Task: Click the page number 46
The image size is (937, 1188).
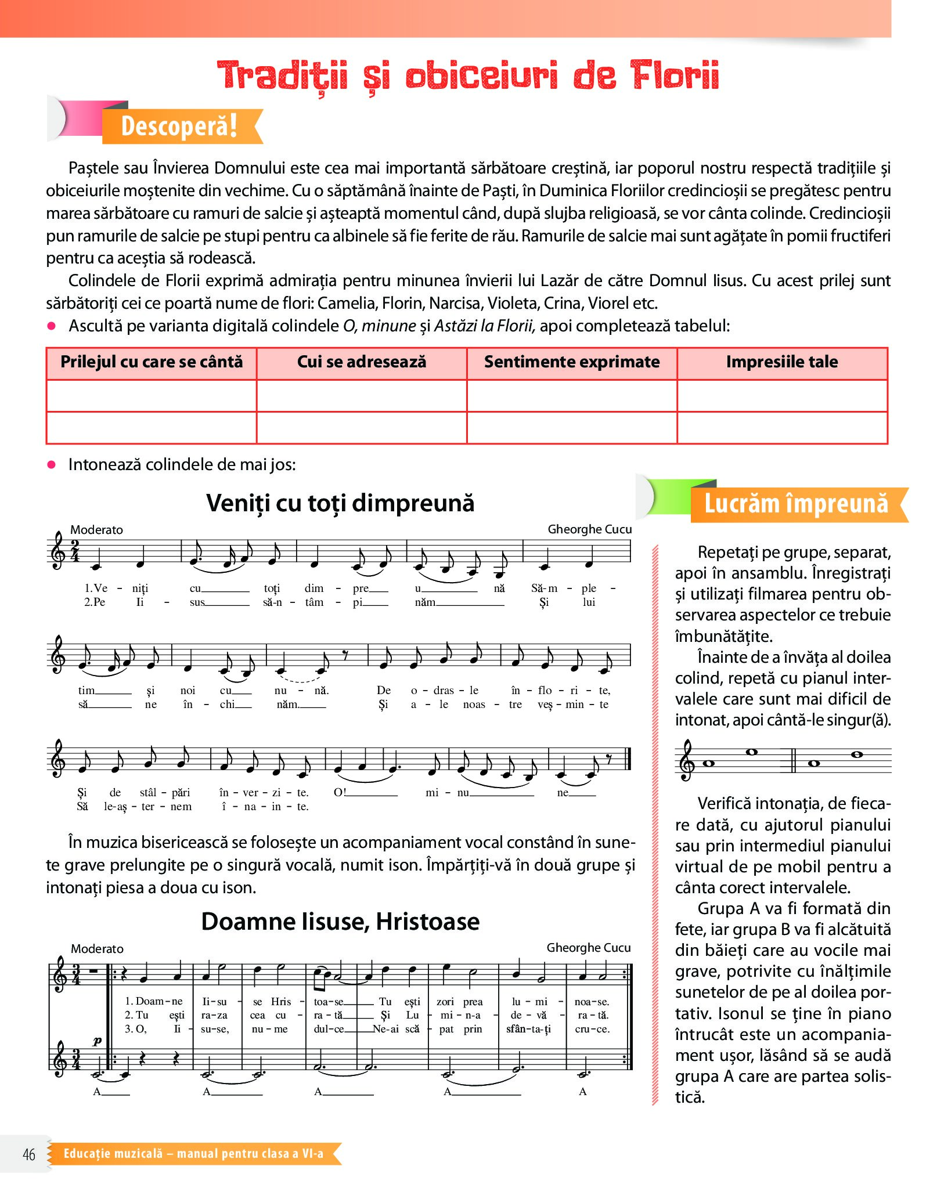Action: point(29,1154)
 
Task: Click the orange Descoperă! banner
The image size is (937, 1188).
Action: point(179,126)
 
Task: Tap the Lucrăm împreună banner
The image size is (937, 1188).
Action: point(796,504)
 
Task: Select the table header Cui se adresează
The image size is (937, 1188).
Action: point(362,362)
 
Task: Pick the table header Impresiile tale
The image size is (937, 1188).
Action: point(781,362)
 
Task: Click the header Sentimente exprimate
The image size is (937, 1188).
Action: point(572,362)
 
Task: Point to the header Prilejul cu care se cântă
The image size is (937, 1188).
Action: point(152,362)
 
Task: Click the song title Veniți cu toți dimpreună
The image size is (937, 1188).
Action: point(340,503)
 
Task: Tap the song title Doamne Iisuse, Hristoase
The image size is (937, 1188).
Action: point(340,922)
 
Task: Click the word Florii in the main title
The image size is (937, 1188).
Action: point(675,75)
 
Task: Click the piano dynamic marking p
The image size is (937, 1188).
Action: point(97,1041)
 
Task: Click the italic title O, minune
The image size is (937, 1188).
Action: point(380,326)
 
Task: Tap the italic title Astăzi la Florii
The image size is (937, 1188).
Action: point(484,326)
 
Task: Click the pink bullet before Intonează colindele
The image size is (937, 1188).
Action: point(52,464)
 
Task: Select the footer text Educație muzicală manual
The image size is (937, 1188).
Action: point(193,1153)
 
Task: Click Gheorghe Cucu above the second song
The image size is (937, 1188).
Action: point(588,948)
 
